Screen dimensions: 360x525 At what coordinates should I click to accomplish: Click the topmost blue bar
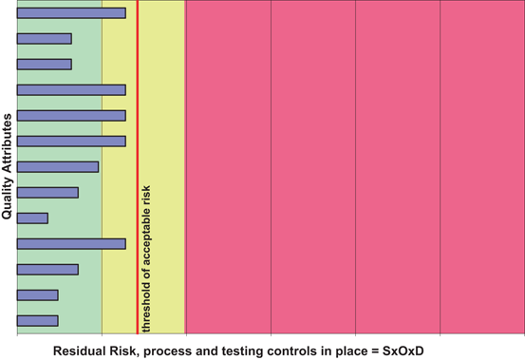[x=71, y=13]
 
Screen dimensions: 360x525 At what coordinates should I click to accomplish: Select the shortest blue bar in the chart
[x=32, y=218]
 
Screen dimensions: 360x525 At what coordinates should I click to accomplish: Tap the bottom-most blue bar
[x=38, y=320]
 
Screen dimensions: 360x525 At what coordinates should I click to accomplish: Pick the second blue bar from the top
[x=44, y=39]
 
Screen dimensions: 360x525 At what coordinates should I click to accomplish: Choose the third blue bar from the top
[x=44, y=65]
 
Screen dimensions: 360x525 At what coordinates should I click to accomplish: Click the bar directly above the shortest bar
[x=47, y=193]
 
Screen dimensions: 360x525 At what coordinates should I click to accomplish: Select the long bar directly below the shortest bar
[x=71, y=244]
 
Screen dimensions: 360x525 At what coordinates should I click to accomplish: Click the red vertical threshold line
[x=138, y=95]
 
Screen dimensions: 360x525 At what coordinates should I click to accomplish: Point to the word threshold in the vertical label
[x=146, y=305]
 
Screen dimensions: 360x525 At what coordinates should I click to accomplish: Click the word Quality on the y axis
[x=8, y=198]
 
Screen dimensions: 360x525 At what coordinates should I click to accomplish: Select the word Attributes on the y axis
[x=8, y=143]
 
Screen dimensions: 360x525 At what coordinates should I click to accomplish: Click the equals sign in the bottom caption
[x=373, y=351]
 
